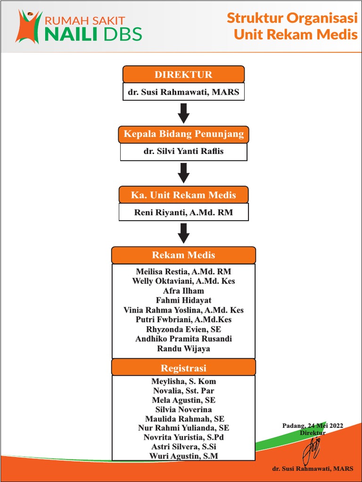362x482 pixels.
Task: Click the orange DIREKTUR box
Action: [183, 74]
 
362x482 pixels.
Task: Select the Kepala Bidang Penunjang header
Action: [183, 134]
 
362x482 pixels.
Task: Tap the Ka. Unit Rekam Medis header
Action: [183, 195]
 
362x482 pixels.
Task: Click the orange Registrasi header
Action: [183, 368]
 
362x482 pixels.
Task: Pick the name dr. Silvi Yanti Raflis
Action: [183, 152]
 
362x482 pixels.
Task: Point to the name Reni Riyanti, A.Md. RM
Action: [183, 212]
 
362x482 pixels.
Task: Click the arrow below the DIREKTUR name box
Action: [183, 113]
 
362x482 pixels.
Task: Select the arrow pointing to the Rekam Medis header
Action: [183, 233]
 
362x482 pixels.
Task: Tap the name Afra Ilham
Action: [183, 291]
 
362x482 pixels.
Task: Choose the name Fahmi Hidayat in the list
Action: [183, 300]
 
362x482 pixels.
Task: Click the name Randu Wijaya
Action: [183, 349]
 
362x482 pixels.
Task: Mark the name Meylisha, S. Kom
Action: [183, 381]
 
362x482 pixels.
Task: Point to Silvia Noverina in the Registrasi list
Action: [183, 410]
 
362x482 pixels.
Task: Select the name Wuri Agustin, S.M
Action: [183, 456]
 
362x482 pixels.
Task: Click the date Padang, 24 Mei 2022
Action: [313, 426]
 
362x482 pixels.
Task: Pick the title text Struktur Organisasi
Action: [292, 18]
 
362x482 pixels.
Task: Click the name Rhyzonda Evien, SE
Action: [183, 329]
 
